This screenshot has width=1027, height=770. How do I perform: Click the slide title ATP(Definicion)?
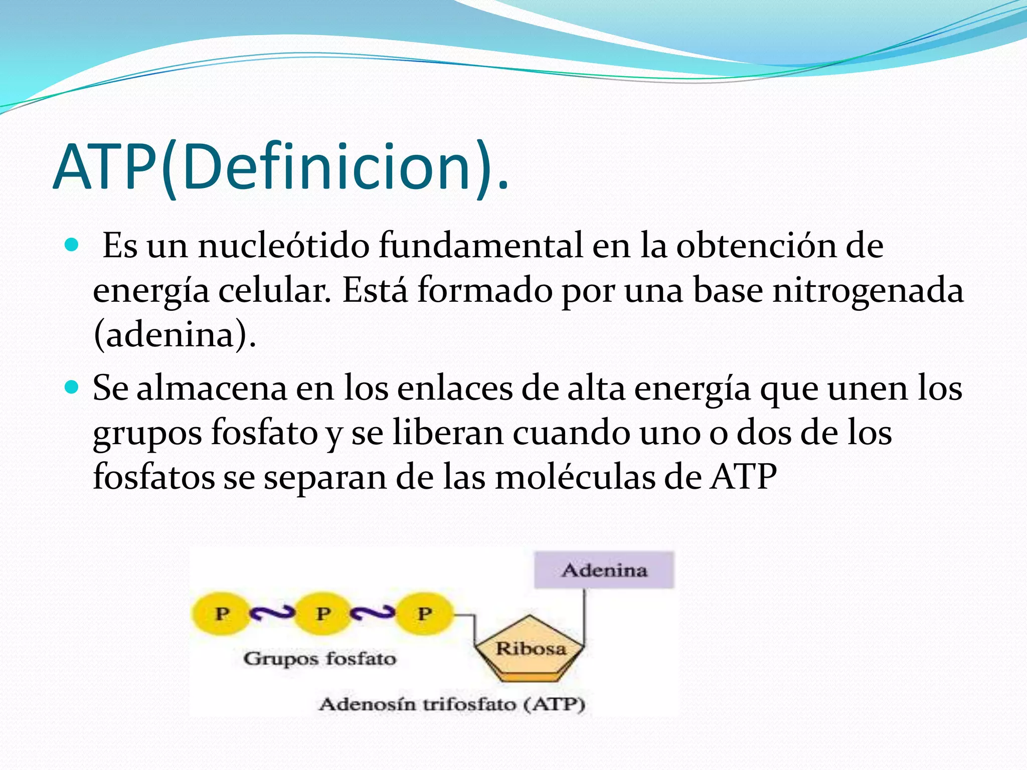(x=281, y=167)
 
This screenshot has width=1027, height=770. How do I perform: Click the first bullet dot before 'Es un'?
(x=72, y=245)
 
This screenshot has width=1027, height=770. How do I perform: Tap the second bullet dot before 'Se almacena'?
(x=72, y=388)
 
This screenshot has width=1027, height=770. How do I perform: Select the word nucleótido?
(x=283, y=246)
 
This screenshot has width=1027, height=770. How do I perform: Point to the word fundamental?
(x=480, y=246)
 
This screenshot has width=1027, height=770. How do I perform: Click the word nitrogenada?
(x=868, y=291)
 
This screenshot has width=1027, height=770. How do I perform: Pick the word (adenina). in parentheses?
(x=175, y=335)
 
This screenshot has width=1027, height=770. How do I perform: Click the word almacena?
(x=212, y=389)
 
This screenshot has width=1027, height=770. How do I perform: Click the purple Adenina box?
(x=604, y=570)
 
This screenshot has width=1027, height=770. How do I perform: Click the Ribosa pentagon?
(x=530, y=650)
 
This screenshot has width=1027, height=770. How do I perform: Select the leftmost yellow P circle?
(x=221, y=614)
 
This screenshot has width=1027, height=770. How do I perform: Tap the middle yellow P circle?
(x=322, y=614)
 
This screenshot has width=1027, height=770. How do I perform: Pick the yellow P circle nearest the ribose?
(x=424, y=614)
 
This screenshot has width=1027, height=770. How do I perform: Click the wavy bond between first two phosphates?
(x=272, y=613)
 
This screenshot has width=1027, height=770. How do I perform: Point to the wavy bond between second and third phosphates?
(x=373, y=613)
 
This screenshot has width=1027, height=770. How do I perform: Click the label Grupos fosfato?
(x=319, y=658)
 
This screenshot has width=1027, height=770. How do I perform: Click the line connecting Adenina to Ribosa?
(x=584, y=614)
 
